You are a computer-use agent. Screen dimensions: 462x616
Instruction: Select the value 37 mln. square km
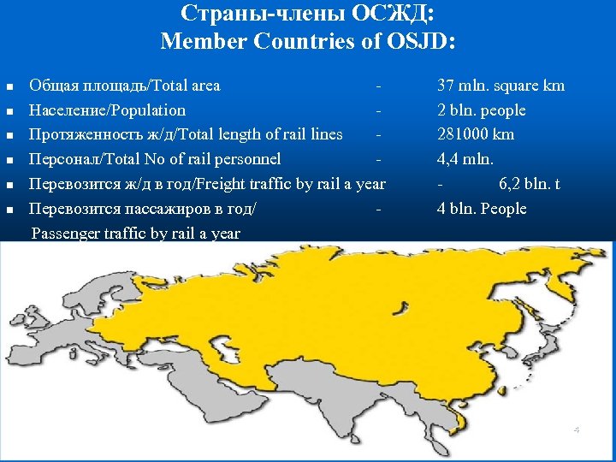(500, 86)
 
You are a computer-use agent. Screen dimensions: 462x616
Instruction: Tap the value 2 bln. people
(481, 110)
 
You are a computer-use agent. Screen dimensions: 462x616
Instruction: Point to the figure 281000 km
(476, 134)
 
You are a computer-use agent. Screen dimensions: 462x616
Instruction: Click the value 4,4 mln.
(465, 159)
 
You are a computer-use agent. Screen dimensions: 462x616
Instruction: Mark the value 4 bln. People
(482, 209)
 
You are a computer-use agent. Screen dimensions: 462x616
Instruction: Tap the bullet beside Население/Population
(10, 111)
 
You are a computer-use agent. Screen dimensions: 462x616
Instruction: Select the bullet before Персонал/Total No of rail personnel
(10, 160)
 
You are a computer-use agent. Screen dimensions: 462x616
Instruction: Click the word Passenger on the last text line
(65, 234)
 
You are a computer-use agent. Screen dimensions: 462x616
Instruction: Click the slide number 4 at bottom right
(576, 429)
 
